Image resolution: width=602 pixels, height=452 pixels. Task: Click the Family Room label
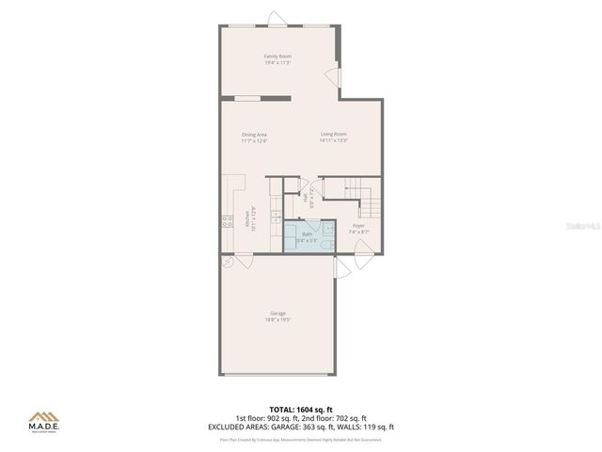277,56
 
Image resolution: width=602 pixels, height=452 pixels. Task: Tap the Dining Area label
254,135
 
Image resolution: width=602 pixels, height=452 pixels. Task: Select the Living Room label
333,135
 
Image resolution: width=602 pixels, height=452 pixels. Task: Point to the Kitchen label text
247,214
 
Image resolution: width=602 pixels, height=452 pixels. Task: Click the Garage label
277,314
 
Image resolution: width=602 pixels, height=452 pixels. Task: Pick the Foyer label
358,226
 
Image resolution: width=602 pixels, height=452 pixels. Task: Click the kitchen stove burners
228,222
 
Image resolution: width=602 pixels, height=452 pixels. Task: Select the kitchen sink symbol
275,217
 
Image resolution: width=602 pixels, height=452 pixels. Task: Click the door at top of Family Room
274,19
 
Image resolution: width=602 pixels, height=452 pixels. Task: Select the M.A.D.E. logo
42,420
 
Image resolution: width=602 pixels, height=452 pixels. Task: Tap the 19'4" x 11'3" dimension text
277,63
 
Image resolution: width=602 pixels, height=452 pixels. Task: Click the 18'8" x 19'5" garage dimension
277,320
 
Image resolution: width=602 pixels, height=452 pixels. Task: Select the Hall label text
305,199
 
